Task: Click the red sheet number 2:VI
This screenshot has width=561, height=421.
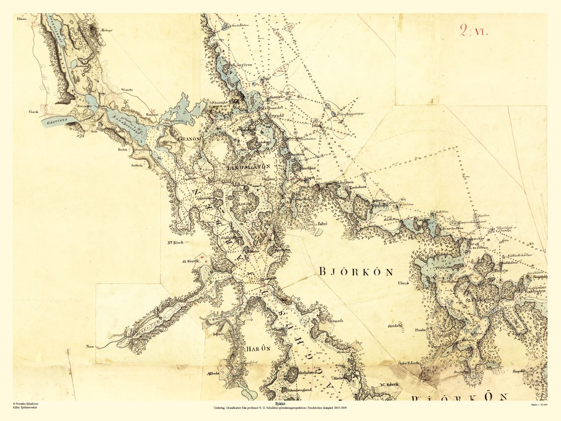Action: click(x=474, y=31)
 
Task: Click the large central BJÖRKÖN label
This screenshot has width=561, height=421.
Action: click(x=355, y=272)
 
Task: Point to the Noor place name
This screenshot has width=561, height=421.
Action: click(x=90, y=347)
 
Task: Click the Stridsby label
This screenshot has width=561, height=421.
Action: click(x=396, y=326)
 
